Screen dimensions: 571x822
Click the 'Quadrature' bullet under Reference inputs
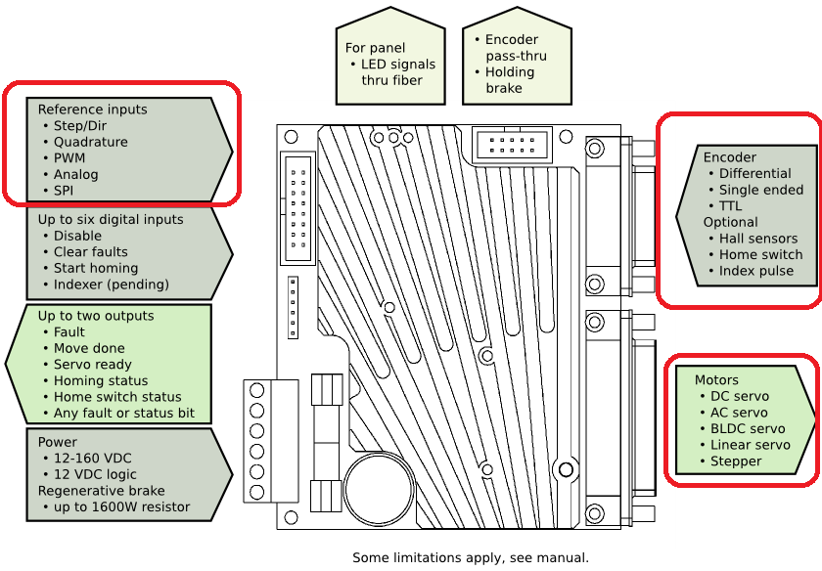click(90, 142)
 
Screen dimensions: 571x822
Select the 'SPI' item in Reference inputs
click(63, 191)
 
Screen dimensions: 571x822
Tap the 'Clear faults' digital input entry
click(90, 252)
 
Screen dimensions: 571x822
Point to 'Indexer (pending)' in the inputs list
click(111, 285)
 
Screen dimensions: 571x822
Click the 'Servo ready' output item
click(93, 365)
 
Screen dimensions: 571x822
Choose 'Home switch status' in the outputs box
click(117, 397)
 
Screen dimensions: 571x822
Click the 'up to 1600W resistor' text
click(121, 507)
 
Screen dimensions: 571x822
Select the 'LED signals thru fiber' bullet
click(397, 72)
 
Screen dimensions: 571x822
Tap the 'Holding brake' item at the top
click(510, 80)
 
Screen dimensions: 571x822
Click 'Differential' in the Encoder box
click(754, 174)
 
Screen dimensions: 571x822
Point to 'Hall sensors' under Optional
click(758, 239)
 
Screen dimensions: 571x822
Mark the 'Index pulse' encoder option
click(756, 271)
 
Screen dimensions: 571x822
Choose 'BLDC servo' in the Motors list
click(748, 429)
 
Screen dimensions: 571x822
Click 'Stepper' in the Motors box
click(736, 461)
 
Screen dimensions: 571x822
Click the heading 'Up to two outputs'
click(96, 316)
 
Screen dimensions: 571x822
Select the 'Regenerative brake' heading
click(101, 491)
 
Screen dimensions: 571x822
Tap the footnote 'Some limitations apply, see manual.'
click(471, 558)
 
